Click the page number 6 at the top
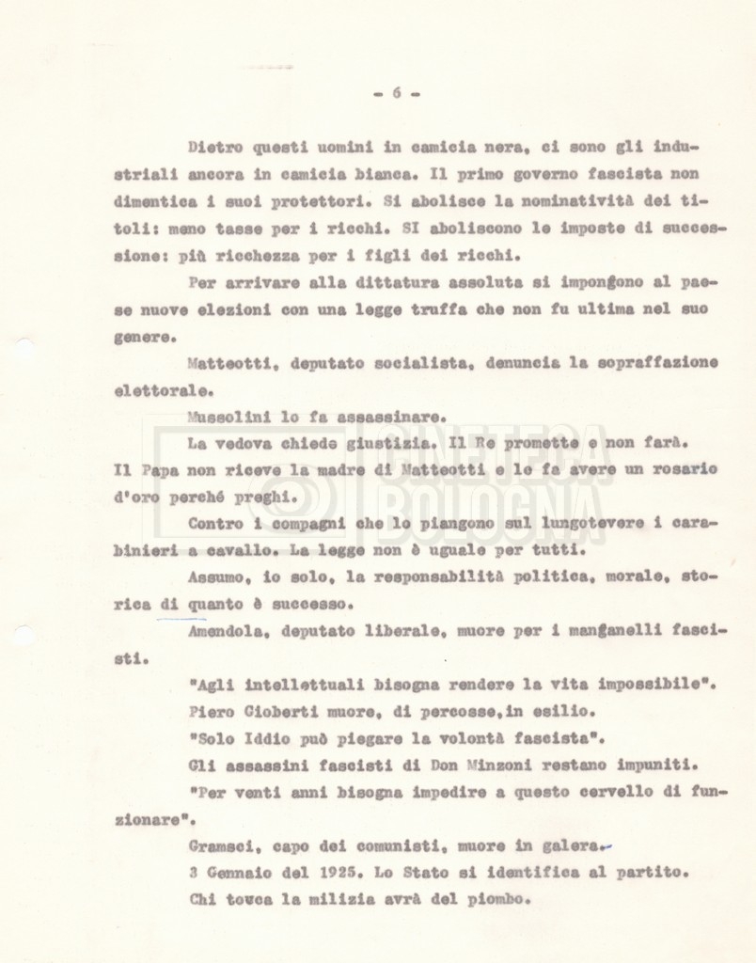tap(396, 92)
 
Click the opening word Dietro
tap(215, 148)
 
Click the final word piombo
tap(501, 898)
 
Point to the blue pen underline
tap(181, 618)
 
